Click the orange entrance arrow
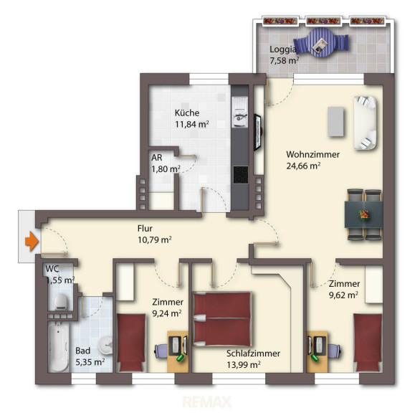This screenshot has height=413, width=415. [32, 241]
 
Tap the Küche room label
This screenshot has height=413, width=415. [187, 113]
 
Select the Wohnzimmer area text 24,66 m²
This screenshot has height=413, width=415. [303, 166]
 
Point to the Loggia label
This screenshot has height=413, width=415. [282, 49]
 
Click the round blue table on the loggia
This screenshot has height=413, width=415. [321, 42]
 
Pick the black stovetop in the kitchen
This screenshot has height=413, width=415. [241, 175]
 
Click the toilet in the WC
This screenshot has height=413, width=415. [61, 302]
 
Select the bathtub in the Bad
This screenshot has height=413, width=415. [59, 346]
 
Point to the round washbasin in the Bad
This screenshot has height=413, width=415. [105, 345]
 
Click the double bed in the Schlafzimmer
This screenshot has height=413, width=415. [222, 319]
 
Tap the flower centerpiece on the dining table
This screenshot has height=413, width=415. [363, 214]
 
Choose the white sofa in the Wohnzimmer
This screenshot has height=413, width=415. [366, 123]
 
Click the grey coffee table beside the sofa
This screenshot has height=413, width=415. [336, 121]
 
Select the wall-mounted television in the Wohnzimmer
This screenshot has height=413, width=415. [258, 132]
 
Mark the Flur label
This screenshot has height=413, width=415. [145, 228]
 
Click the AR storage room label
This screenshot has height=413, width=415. [157, 158]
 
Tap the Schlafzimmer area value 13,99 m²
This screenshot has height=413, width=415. [244, 365]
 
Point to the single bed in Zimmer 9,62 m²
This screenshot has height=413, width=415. [368, 343]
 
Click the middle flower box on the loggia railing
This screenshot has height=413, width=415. [323, 21]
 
